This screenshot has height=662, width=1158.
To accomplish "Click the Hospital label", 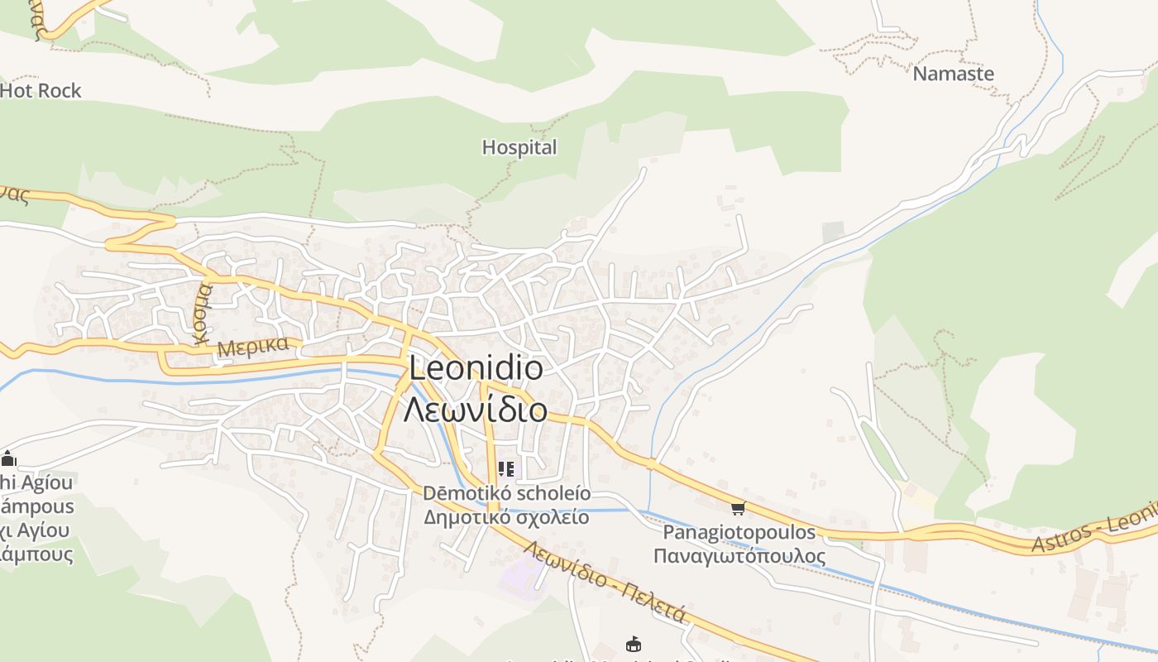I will pyautogui.click(x=519, y=147).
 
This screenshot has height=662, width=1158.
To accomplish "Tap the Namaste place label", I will pyautogui.click(x=953, y=73).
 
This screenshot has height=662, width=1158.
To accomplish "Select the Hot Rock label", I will pyautogui.click(x=41, y=90).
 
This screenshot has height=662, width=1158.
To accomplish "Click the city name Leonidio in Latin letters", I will pyautogui.click(x=476, y=368).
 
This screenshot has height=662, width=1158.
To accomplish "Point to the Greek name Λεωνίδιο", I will pyautogui.click(x=476, y=409).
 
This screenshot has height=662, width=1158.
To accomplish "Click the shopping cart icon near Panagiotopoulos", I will pyautogui.click(x=738, y=508).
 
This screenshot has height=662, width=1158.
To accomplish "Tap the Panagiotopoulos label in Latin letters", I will pyautogui.click(x=739, y=532).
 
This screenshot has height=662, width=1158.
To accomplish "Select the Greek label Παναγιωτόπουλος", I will pyautogui.click(x=739, y=555).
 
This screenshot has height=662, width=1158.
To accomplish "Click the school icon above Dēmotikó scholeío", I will pyautogui.click(x=506, y=470).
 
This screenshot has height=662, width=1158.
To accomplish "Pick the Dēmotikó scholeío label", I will pyautogui.click(x=506, y=493).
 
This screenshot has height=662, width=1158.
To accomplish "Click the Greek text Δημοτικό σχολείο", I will pyautogui.click(x=506, y=518).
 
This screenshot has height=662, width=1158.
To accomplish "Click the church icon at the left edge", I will pyautogui.click(x=8, y=458).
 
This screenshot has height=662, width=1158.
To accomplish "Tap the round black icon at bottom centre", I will pyautogui.click(x=634, y=644).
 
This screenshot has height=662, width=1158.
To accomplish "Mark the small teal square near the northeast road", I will pyautogui.click(x=833, y=232).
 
